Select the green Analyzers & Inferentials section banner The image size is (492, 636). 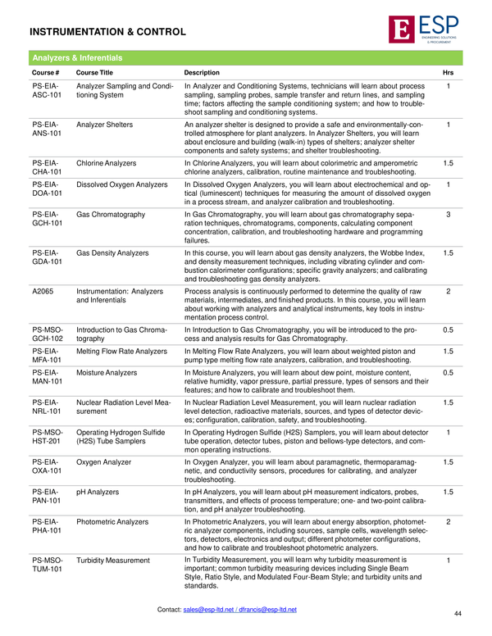246,58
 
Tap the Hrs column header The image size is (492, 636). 448,72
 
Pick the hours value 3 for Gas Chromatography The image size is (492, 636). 448,214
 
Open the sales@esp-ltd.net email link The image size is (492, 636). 208,610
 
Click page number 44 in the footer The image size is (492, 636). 457,613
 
